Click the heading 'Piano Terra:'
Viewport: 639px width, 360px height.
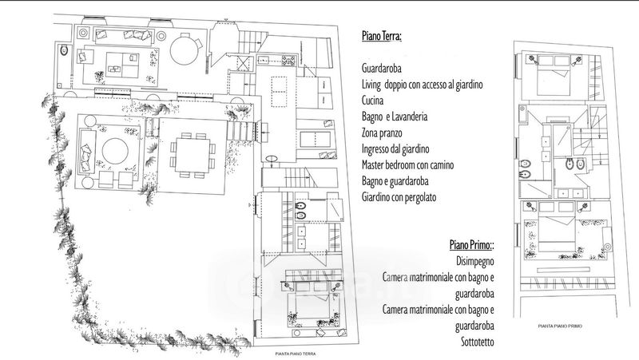coord(381,37)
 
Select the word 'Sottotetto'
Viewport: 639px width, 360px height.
coord(474,342)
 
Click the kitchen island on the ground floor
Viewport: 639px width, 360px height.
coord(280,91)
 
